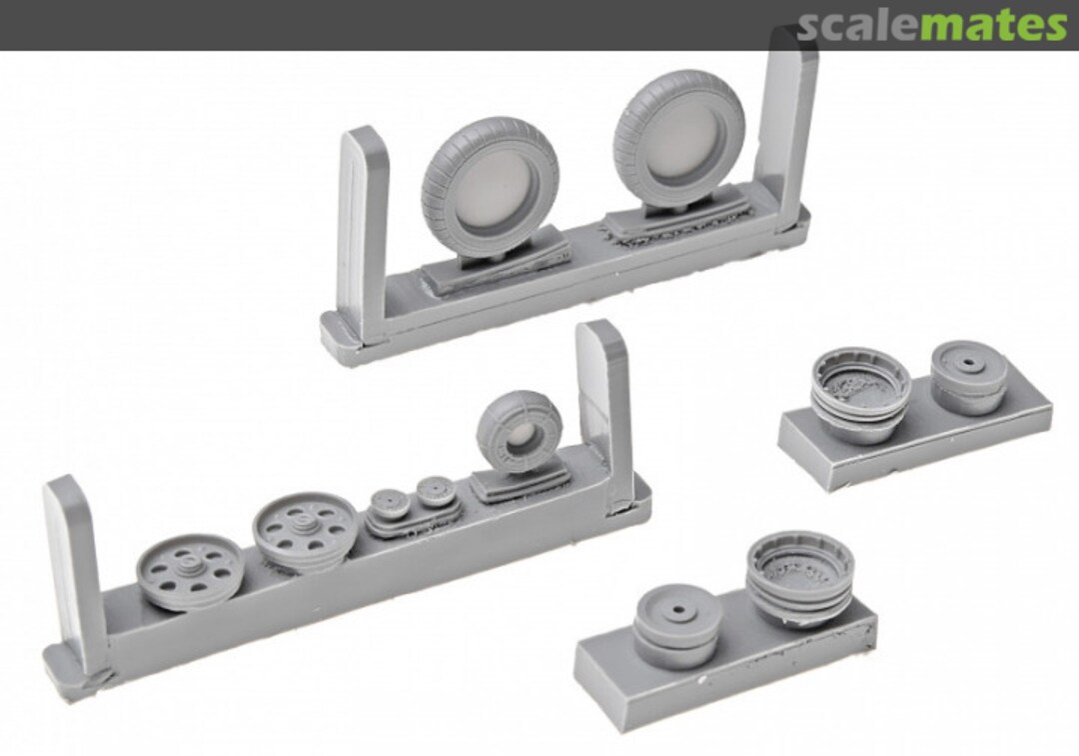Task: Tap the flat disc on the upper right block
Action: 969,376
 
